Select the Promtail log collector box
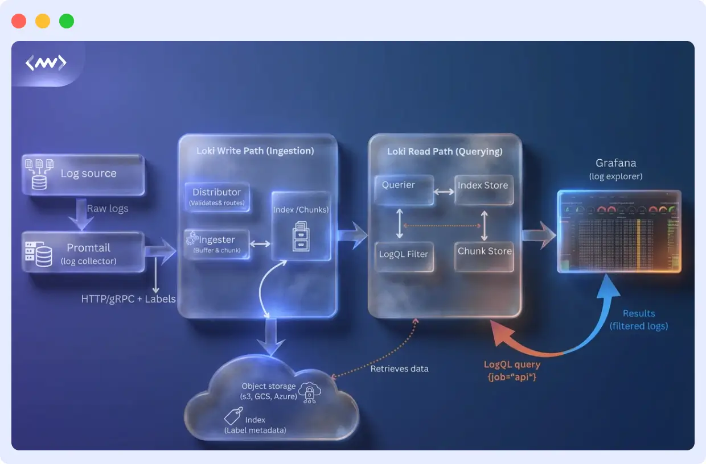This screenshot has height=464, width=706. [83, 252]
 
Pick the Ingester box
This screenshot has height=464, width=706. [217, 244]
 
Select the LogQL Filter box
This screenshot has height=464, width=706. [404, 256]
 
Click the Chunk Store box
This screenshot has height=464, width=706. [485, 255]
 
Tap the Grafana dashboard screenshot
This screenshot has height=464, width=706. [619, 231]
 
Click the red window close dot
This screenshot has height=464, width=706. [19, 21]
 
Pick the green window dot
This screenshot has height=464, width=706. [67, 21]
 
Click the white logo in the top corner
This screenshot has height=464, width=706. [46, 63]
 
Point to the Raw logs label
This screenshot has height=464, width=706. [108, 209]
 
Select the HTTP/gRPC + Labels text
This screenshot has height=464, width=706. [129, 299]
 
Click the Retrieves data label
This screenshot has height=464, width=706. [399, 368]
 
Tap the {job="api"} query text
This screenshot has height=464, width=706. [512, 376]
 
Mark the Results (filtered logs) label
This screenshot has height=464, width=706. [638, 320]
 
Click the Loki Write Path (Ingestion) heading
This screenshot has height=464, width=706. [255, 151]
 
